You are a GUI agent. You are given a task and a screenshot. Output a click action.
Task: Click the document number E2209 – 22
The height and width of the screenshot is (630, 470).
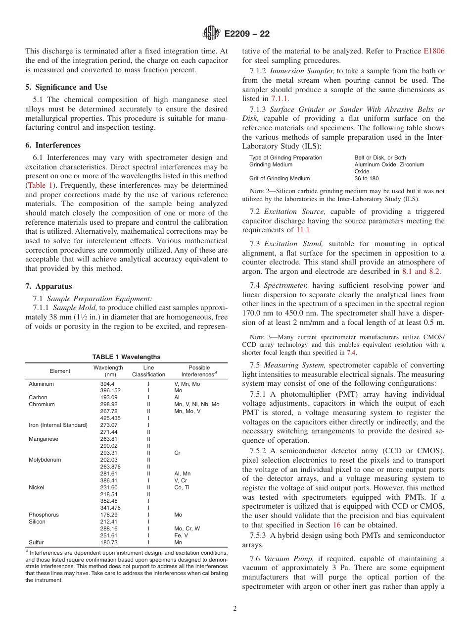pos(247,34)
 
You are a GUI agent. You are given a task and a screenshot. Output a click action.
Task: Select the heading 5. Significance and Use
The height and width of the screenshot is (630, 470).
pos(66,87)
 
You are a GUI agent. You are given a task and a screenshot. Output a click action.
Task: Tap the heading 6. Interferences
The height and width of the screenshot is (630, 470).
pos(53,145)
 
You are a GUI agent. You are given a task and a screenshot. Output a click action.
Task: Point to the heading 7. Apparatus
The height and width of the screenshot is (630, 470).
pos(48,286)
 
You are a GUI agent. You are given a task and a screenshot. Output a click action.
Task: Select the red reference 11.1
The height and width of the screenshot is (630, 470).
pos(303,230)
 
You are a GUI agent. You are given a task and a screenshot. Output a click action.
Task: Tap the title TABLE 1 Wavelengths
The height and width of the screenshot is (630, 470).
pos(126,357)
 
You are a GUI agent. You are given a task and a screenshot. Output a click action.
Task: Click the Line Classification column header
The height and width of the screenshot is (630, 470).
pos(148,371)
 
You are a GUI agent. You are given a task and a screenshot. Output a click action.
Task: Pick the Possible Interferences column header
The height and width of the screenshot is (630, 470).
pos(199,371)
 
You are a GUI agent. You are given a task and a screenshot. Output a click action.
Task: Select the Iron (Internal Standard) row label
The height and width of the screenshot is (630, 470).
pos(58,425)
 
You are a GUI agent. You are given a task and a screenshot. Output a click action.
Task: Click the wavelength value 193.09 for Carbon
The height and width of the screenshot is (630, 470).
pos(108,397)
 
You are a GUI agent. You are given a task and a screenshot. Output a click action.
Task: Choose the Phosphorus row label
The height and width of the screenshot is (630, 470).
pos(44,515)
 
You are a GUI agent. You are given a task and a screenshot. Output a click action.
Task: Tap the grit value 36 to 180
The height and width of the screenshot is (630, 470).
pos(367,178)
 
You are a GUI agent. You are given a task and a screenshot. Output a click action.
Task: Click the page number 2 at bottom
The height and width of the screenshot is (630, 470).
pos(235,609)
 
